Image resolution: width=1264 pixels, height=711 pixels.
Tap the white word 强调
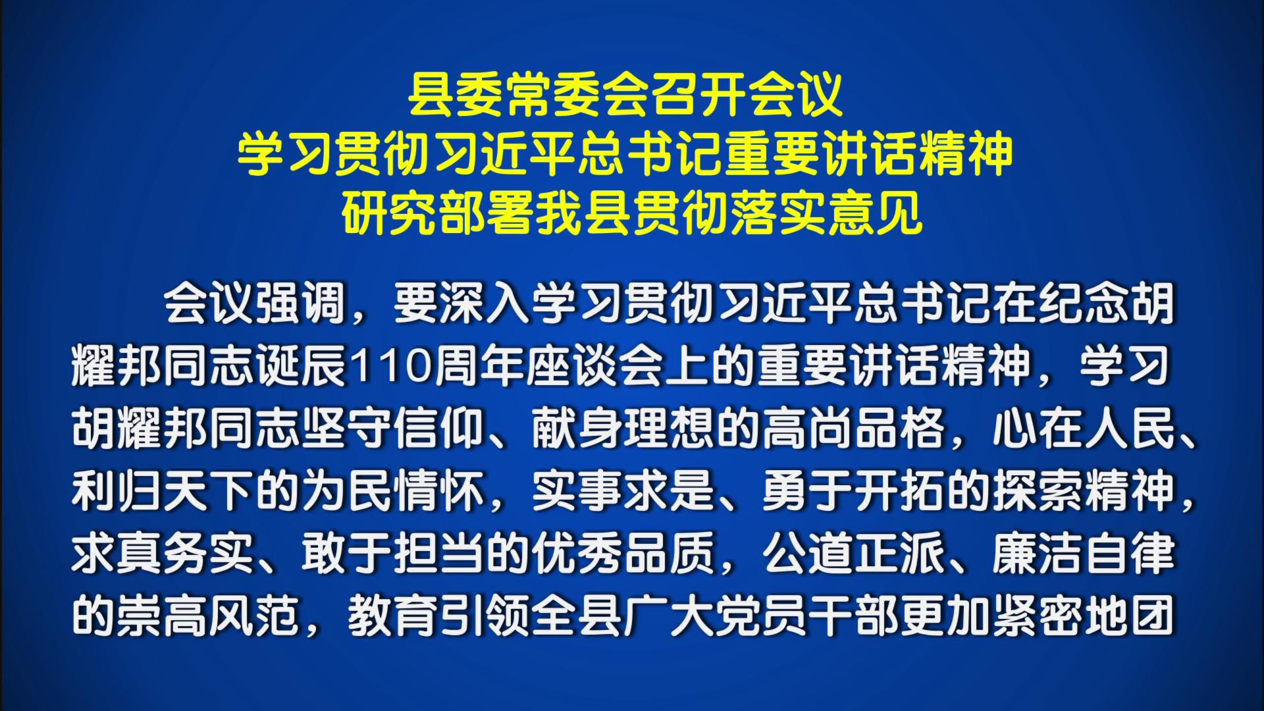click(301, 304)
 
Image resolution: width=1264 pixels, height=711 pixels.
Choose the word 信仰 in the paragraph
click(439, 429)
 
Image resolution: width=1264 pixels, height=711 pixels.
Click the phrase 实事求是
click(623, 492)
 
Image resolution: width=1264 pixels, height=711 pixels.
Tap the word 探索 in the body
click(1038, 492)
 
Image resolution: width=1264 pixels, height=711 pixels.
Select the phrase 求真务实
click(163, 554)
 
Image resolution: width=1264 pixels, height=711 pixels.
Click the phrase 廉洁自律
click(1084, 554)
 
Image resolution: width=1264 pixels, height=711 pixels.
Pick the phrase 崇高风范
click(209, 617)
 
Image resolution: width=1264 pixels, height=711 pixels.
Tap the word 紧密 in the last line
click(1038, 617)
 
